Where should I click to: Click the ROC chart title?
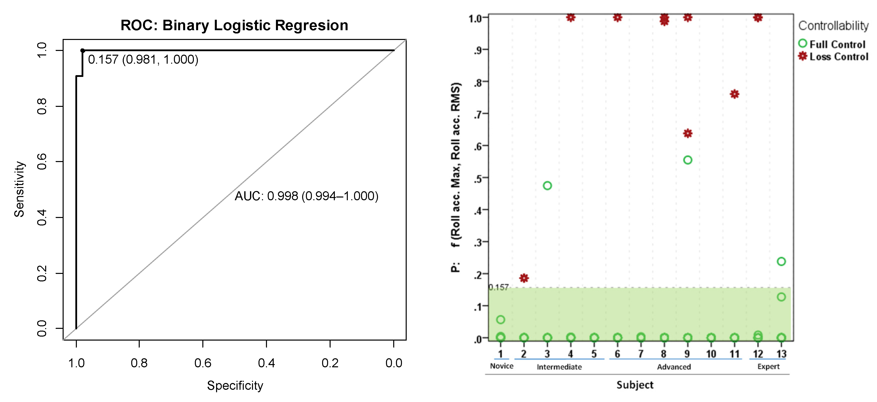coord(234,25)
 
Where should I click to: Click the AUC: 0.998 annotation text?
coord(306,196)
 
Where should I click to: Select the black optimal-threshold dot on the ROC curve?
coord(82,50)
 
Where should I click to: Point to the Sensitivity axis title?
coord(19,189)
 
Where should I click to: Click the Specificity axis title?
coord(235,385)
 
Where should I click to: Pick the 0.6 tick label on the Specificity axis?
coord(203,363)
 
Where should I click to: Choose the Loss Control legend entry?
coord(833,56)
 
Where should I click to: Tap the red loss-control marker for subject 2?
coord(524,278)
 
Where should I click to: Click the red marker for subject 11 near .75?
coord(734,94)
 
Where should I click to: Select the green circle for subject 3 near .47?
coord(547,186)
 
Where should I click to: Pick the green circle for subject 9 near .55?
coord(687,160)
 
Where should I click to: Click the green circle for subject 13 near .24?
coord(781,261)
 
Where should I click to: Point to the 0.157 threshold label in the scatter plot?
coord(499,287)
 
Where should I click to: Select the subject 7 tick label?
coord(640,354)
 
